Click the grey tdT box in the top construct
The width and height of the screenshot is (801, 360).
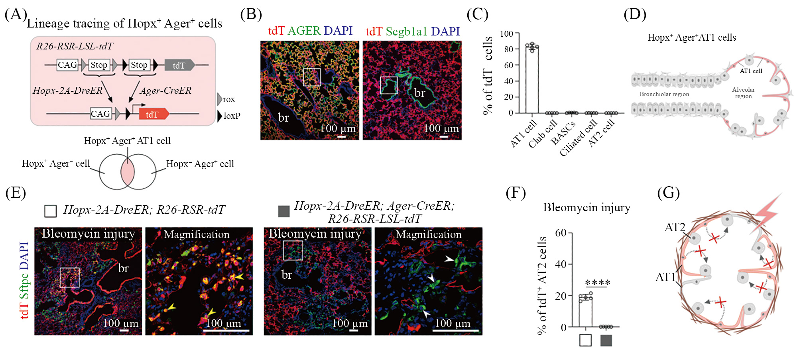point(179,65)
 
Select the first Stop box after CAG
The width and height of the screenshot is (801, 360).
point(98,65)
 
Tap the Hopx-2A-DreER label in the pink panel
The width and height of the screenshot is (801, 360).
point(67,90)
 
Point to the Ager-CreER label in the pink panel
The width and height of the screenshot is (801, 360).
point(165,90)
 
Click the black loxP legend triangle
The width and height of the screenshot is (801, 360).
point(220,116)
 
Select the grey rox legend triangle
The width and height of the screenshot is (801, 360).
point(220,99)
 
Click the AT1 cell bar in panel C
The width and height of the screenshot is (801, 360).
point(532,80)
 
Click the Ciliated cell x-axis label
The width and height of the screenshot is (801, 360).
point(578,138)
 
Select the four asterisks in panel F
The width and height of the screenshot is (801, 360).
point(597,283)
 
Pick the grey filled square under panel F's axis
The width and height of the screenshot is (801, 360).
point(606,340)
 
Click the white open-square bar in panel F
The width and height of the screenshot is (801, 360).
point(585,311)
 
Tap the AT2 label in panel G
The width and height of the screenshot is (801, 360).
point(675,228)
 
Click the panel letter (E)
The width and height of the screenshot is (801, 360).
point(16,193)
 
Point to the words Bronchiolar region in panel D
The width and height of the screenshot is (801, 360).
point(664,94)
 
